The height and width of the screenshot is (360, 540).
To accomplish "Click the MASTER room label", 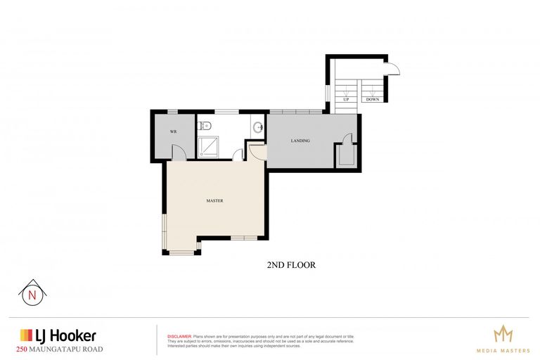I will point(214,201).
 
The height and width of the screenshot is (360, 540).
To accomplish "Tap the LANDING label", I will point(300,141).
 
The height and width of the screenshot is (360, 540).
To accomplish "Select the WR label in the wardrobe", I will point(172,132).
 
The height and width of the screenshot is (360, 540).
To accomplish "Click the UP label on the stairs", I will point(346,100).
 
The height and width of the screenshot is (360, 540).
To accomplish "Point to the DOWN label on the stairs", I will point(372,100).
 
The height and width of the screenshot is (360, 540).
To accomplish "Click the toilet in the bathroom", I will point(203,127).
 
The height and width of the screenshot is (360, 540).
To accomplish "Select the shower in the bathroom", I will point(209,146).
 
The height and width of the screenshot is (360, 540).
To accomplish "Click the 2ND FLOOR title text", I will point(290,265).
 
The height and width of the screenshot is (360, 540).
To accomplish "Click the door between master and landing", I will point(257,150).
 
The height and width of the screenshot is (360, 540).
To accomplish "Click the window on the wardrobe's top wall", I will point(172,111).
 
